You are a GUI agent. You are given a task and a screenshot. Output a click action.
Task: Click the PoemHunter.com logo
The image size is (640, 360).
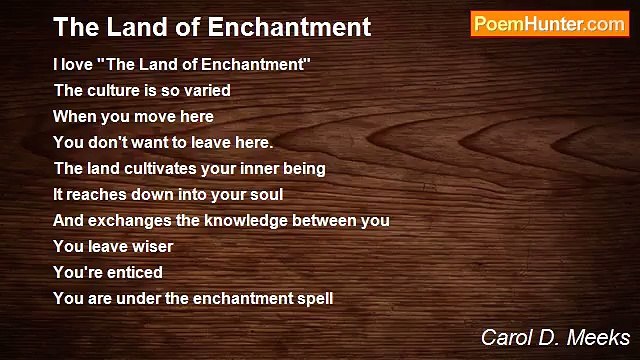(549, 25)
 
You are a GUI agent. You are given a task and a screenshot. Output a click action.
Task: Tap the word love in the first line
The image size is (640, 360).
(78, 64)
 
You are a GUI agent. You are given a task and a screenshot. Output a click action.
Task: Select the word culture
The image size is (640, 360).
(113, 90)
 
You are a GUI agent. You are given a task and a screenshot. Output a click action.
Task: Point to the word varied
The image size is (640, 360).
(207, 90)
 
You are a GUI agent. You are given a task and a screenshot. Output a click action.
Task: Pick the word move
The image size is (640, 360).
(160, 116)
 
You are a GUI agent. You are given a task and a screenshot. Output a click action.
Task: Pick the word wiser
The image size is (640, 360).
(151, 246)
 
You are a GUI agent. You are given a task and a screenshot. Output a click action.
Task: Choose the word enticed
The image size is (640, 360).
(135, 272)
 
